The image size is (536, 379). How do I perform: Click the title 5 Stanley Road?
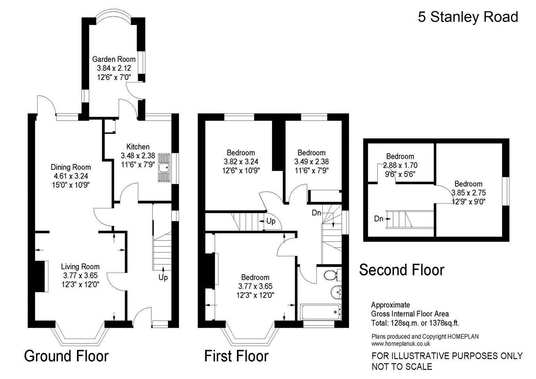pyautogui.click(x=468, y=17)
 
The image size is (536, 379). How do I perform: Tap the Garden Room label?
pyautogui.click(x=114, y=59)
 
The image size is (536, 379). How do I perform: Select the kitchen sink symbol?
pyautogui.click(x=164, y=168)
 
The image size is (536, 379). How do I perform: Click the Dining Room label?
pyautogui.click(x=71, y=167)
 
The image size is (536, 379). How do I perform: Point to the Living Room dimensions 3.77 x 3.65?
pyautogui.click(x=80, y=275)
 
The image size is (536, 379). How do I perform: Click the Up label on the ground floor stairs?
pyautogui.click(x=163, y=278)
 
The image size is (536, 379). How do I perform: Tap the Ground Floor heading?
pyautogui.click(x=66, y=356)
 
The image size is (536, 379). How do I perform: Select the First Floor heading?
pyautogui.click(x=236, y=356)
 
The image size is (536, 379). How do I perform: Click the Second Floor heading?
pyautogui.click(x=401, y=270)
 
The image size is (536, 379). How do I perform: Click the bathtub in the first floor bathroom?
pyautogui.click(x=321, y=312)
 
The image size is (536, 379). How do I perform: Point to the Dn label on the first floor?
pyautogui.click(x=316, y=213)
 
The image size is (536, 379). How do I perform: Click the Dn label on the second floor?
pyautogui.click(x=379, y=218)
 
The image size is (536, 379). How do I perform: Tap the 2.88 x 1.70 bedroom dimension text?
pyautogui.click(x=400, y=165)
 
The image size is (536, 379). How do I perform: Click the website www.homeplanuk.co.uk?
pyautogui.click(x=401, y=344)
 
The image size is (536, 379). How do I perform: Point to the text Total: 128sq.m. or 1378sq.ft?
pyautogui.click(x=415, y=323)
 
